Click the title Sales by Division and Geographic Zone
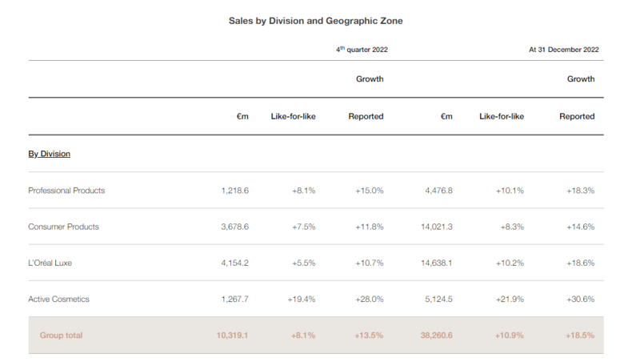pos(315,21)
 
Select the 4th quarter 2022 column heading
pos(362,50)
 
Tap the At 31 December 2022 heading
pos(563,50)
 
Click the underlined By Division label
pos(49,154)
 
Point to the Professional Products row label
pos(66,191)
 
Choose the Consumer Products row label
pos(63,227)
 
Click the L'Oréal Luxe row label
pos(55,263)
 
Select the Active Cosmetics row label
pos(58,299)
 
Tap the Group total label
pos(62,335)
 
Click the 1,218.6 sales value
pos(234,191)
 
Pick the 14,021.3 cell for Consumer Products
pos(435,227)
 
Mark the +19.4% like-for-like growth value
pos(301,299)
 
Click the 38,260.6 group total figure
pos(435,335)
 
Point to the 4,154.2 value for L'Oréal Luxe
pos(234,263)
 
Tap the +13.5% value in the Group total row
pos(368,335)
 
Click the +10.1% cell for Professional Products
pos(509,191)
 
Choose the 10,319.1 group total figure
pos(232,335)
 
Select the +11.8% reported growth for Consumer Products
pos(368,227)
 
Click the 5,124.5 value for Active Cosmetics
pos(438,299)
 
